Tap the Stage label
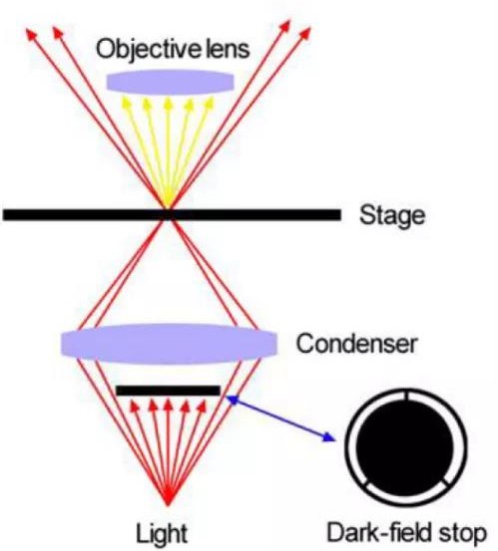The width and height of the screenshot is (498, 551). point(392,215)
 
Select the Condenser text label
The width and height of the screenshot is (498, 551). point(357,344)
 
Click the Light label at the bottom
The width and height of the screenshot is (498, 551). point(162,533)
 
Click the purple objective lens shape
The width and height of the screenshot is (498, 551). point(170,83)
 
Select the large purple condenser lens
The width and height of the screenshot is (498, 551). point(170,344)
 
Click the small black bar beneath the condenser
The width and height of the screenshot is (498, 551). point(169,391)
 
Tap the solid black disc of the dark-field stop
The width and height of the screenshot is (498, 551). point(406,447)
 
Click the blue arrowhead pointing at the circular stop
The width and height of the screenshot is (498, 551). point(328,436)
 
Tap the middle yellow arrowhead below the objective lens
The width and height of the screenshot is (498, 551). point(169,103)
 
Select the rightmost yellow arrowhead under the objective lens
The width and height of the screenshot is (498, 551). point(210,103)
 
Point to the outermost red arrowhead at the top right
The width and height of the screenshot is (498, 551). point(305,34)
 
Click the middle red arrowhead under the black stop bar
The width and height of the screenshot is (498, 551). point(169,407)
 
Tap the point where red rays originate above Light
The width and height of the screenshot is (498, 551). point(168,505)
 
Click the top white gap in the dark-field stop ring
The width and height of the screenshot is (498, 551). point(406,397)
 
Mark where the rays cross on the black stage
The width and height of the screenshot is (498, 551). point(169,214)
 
